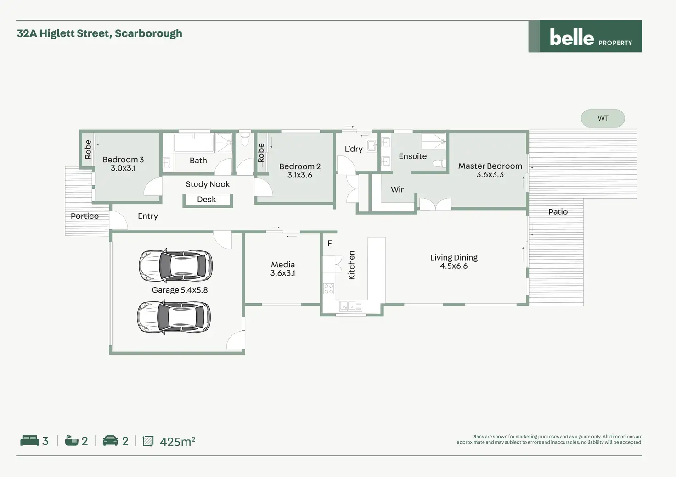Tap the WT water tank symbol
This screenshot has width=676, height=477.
603,118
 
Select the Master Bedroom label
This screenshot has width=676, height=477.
490,166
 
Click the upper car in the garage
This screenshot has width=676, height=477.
175,266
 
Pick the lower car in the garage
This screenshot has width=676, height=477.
174,316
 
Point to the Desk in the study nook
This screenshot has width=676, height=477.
207,200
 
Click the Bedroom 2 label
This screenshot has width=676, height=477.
299,166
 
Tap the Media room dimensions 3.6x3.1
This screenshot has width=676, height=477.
282,273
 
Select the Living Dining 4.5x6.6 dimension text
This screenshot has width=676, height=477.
454,266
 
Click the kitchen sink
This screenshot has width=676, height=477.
351,305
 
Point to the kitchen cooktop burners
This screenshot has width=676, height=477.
328,288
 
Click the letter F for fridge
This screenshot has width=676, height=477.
329,244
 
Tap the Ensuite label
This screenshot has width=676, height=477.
412,156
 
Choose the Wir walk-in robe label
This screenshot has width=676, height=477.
397,189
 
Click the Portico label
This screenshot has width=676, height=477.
84,216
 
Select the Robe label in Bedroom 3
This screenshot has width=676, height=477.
88,150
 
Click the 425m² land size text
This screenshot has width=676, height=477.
177,441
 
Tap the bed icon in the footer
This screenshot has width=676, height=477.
30,441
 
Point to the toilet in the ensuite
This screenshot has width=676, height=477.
438,163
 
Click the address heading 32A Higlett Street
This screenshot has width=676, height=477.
99,33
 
